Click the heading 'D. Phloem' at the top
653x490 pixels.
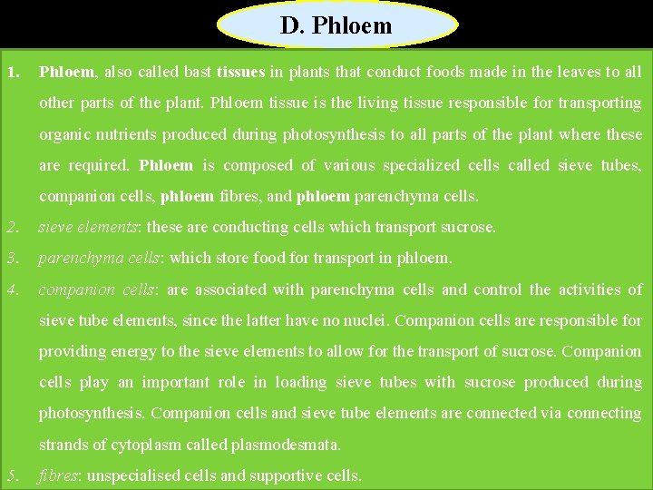336,25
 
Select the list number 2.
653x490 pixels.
11,227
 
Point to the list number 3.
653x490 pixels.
11,258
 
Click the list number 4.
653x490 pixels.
11,289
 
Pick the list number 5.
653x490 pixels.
11,475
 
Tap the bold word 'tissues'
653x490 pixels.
240,72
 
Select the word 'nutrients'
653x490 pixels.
122,134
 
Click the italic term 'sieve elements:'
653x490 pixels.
90,227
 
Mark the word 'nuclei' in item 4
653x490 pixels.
364,320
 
